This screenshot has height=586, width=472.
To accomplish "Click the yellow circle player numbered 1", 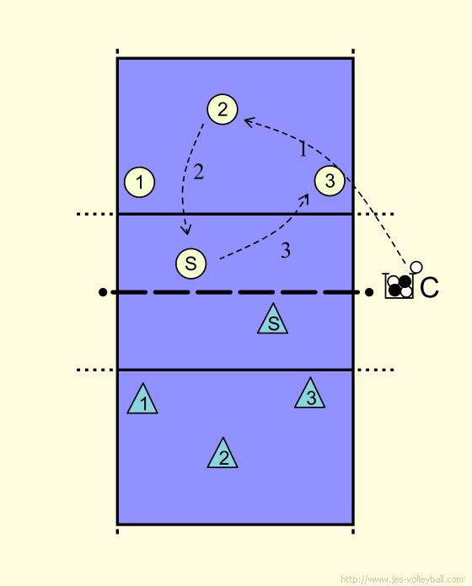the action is (140, 182).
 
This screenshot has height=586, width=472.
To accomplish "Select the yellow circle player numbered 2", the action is (223, 109).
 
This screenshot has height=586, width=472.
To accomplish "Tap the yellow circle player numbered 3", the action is (330, 181).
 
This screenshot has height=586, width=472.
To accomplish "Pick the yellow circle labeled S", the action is (190, 264).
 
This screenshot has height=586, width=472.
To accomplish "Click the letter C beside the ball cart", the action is (429, 287).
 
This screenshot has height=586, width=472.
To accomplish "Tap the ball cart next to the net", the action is (399, 286).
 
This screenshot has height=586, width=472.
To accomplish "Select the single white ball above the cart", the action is (416, 267).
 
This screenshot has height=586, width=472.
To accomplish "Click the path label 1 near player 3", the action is (303, 149).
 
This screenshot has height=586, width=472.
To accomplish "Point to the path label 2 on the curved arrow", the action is (199, 172).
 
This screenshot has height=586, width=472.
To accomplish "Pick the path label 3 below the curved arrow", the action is (286, 250).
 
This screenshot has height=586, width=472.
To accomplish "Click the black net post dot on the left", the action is (103, 292).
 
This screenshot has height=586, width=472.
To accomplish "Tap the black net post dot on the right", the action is (369, 292).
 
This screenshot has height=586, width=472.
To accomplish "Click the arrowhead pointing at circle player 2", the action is (249, 121).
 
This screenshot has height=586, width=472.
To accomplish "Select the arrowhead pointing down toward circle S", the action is (186, 230).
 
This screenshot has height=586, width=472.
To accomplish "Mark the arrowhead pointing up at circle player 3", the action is (305, 199).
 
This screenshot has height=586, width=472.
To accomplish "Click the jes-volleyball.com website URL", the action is (402, 579).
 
